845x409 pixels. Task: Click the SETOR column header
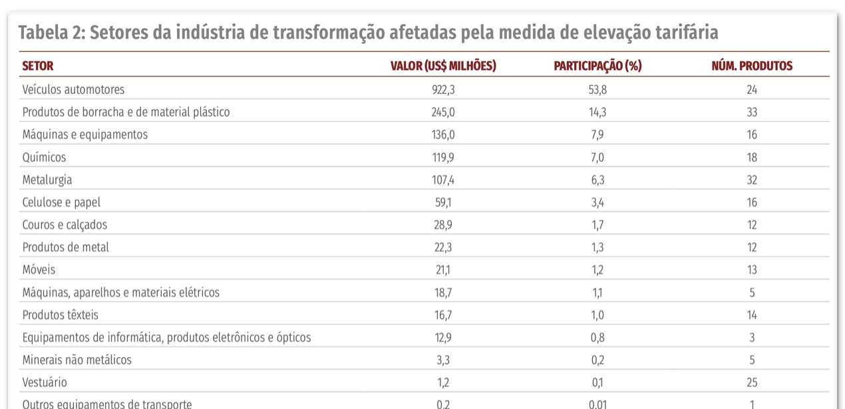(38, 66)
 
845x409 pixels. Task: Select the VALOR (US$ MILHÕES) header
(443, 66)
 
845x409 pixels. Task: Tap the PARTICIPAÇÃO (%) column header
(597, 66)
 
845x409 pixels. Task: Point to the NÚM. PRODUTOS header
(752, 66)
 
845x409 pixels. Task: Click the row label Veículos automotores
(73, 89)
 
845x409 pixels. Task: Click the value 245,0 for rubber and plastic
(444, 112)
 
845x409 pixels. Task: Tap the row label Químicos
(44, 157)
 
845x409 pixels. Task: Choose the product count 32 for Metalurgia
(752, 180)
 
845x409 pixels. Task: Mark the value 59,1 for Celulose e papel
(444, 203)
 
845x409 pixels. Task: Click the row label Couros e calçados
(65, 224)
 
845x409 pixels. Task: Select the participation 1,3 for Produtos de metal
(597, 247)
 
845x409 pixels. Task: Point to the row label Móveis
(39, 270)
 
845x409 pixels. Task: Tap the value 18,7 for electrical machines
(444, 292)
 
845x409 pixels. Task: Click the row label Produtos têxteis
(60, 314)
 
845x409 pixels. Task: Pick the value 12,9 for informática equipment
(444, 338)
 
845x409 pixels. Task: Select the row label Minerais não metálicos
(77, 360)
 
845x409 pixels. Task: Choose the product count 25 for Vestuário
(752, 383)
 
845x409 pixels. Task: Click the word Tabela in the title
(46, 32)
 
